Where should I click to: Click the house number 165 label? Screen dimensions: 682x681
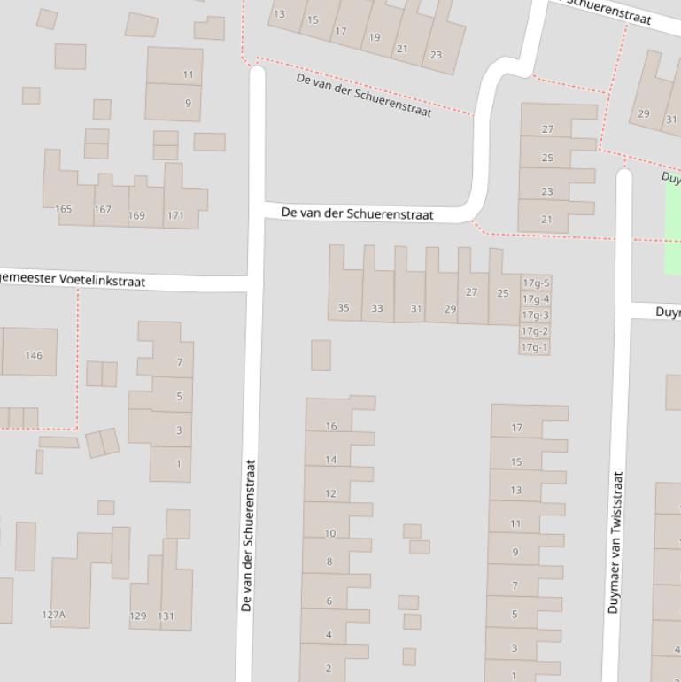coord(63,209)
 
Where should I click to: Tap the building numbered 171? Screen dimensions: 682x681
coord(175,215)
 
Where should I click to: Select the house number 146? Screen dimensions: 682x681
coord(34,355)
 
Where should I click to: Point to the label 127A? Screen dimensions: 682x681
coord(54,615)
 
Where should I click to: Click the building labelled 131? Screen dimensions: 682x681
coord(166,616)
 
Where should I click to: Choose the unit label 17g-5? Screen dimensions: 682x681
coord(536,283)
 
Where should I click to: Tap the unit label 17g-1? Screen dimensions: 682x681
coord(535,347)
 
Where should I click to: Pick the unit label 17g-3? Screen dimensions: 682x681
coord(535,315)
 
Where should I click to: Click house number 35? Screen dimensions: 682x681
coord(344,308)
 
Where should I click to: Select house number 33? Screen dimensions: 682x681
coord(377,308)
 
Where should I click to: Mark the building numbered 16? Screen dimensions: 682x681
coord(330,426)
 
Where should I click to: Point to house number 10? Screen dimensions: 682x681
coord(330,533)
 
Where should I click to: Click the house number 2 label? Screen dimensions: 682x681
coord(329,668)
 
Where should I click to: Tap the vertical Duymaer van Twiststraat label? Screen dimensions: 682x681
coord(615,542)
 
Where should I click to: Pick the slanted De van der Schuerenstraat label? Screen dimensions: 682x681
coord(364,96)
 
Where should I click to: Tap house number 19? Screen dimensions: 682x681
coord(375,37)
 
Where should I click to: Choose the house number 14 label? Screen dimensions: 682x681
coord(330,460)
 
